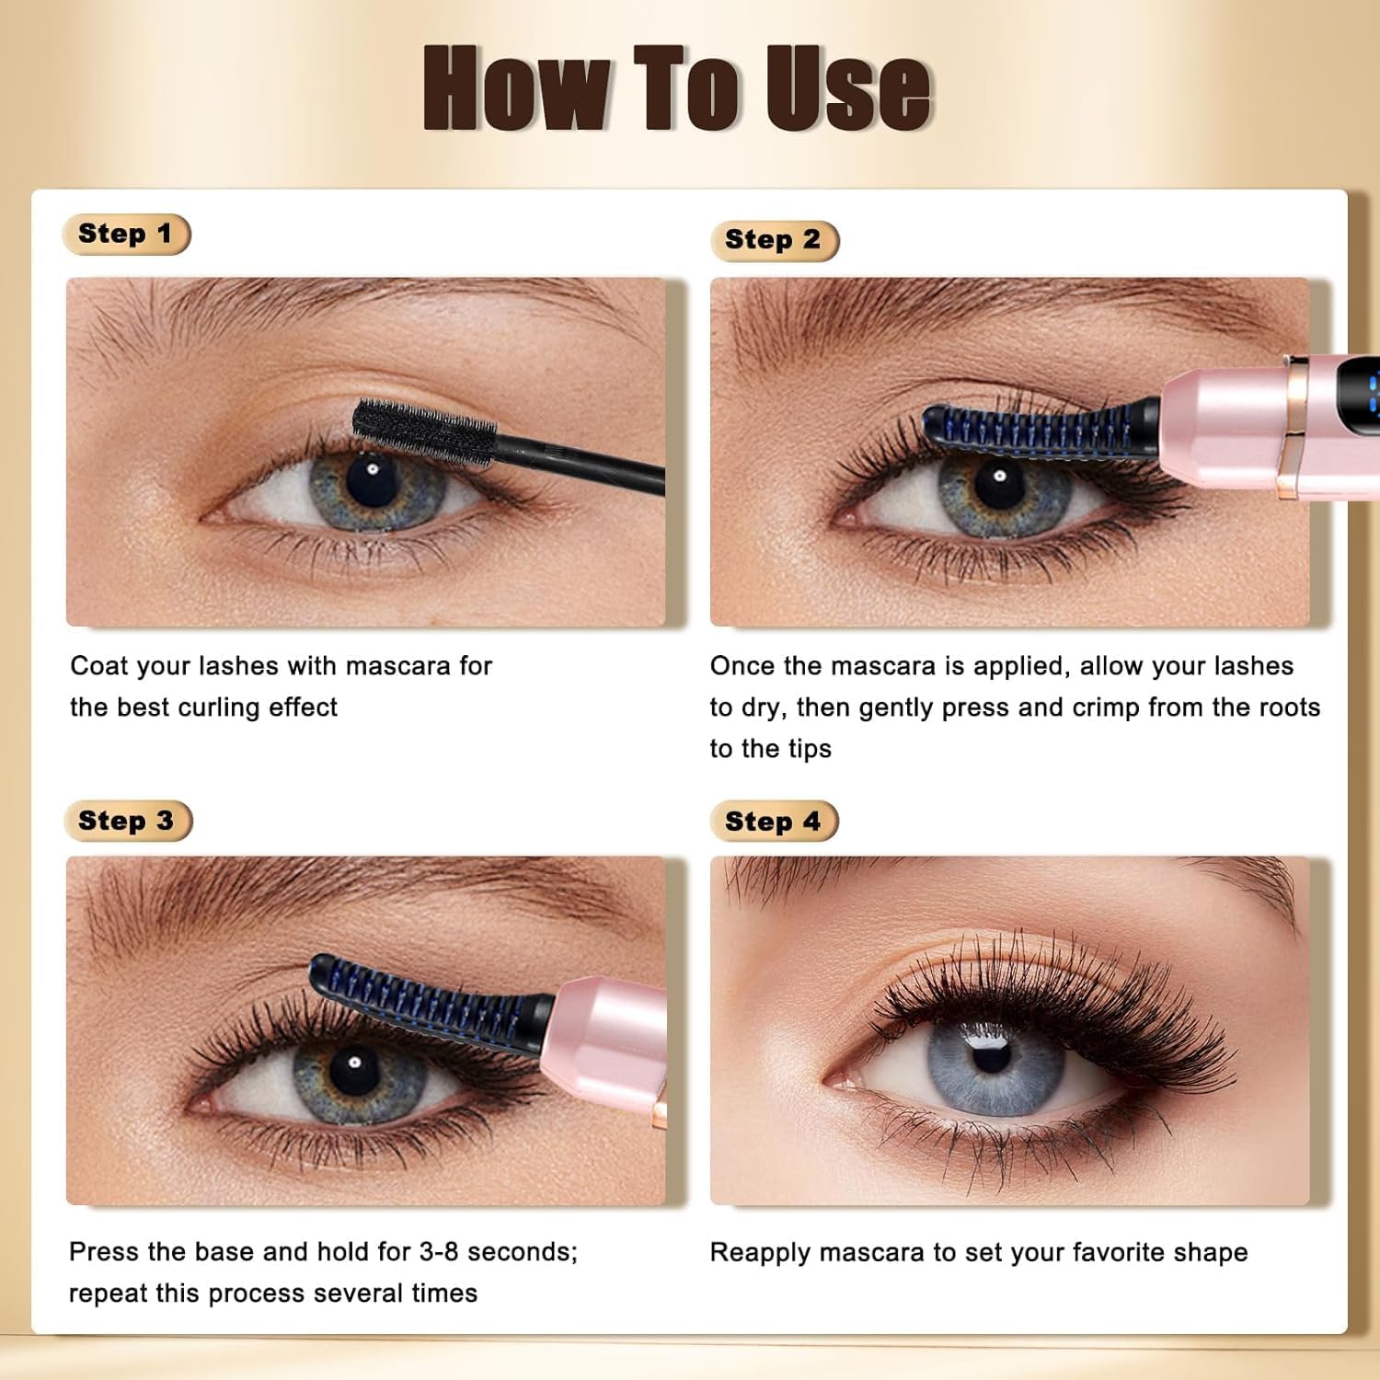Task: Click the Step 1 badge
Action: click(x=126, y=234)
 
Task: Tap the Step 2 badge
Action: click(x=775, y=240)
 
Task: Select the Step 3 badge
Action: click(x=128, y=821)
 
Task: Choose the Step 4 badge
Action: click(x=775, y=822)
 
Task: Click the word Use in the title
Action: click(x=848, y=87)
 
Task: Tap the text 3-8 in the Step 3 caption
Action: click(x=439, y=1252)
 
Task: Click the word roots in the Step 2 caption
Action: click(x=1286, y=707)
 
